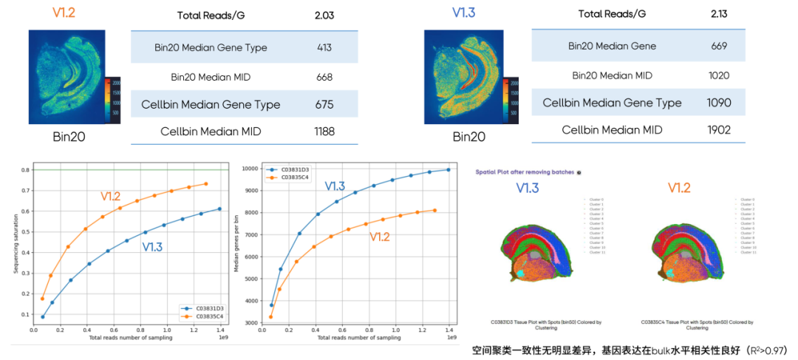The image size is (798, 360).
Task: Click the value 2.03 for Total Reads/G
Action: click(325, 16)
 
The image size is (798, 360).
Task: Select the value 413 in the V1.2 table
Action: click(324, 48)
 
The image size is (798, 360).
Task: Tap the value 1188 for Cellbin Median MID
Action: click(324, 132)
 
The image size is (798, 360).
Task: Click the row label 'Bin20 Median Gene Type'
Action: click(211, 48)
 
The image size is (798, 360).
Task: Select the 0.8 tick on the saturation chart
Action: click(26, 170)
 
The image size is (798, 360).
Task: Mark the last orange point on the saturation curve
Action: click(206, 184)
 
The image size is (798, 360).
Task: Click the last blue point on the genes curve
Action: click(447, 170)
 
